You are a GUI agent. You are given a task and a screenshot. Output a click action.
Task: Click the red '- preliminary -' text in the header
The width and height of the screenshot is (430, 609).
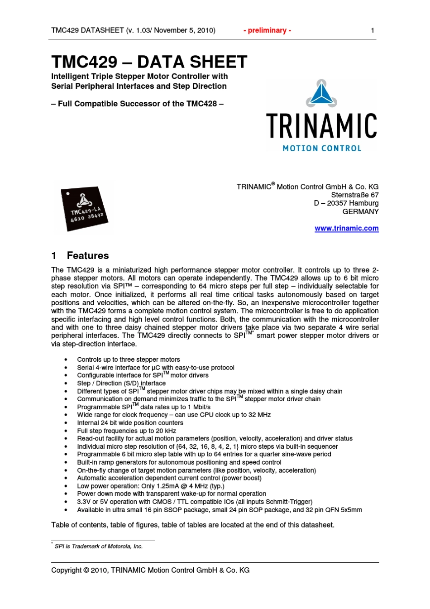[x=267, y=30]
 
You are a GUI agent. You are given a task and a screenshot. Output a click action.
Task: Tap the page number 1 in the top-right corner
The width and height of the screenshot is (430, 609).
[x=373, y=30]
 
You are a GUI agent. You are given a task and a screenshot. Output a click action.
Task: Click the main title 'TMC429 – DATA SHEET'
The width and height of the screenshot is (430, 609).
[x=149, y=62]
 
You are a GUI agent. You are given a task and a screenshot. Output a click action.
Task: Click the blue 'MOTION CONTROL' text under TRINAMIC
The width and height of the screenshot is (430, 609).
[x=322, y=149]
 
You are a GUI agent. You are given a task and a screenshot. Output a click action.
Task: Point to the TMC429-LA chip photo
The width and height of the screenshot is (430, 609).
[x=84, y=209]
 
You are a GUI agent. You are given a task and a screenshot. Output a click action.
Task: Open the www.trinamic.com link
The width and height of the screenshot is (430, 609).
[x=347, y=228]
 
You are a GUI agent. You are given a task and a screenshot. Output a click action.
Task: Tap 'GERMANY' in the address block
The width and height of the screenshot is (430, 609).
[x=360, y=211]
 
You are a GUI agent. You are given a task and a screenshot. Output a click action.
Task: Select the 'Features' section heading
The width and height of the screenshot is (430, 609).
[x=88, y=255]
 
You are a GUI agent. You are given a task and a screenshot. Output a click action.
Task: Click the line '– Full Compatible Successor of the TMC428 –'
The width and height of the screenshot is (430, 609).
[x=137, y=104]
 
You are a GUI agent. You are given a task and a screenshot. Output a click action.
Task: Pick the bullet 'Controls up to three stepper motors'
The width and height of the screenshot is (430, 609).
[x=129, y=360]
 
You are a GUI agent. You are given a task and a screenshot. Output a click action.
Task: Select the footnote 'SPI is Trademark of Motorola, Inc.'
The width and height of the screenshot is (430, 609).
[x=99, y=547]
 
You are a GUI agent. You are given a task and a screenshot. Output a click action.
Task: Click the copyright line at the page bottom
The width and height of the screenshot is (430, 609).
[x=150, y=570]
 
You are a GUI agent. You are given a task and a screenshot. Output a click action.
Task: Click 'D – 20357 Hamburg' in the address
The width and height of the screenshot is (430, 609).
[x=346, y=203]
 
